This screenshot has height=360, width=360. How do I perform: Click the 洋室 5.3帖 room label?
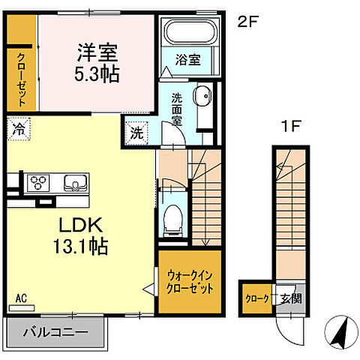click(97, 64)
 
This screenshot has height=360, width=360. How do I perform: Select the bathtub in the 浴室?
click(188, 34)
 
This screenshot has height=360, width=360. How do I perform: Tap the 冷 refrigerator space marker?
click(17, 129)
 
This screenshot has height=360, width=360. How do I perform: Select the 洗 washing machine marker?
click(136, 133)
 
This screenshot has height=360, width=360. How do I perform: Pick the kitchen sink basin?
click(74, 182)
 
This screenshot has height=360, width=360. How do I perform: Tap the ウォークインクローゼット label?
click(190, 283)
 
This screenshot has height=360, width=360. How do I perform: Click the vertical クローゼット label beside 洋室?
click(21, 79)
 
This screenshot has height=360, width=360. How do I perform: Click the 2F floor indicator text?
click(247, 22)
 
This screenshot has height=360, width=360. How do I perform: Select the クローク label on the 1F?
click(256, 298)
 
